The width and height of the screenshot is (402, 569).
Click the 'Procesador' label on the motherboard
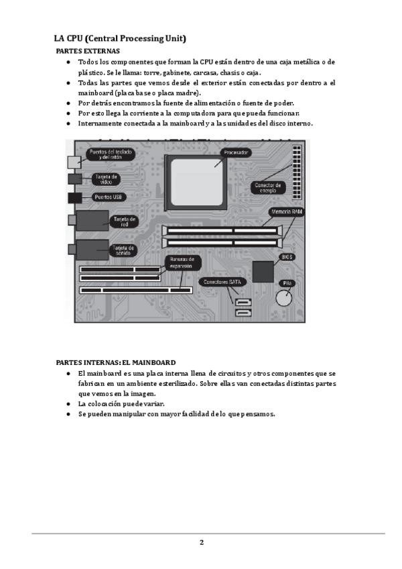[237, 153]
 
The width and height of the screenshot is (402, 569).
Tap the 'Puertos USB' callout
[108, 197]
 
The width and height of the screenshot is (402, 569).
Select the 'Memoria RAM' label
[287, 212]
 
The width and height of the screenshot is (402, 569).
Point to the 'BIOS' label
[287, 257]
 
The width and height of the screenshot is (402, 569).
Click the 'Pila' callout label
[288, 283]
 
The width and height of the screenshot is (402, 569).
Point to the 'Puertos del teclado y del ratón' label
[111, 155]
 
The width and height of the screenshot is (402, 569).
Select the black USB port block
[75, 198]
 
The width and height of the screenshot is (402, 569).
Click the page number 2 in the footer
[201, 542]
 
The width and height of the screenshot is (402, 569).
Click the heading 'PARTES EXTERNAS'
[88, 51]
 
